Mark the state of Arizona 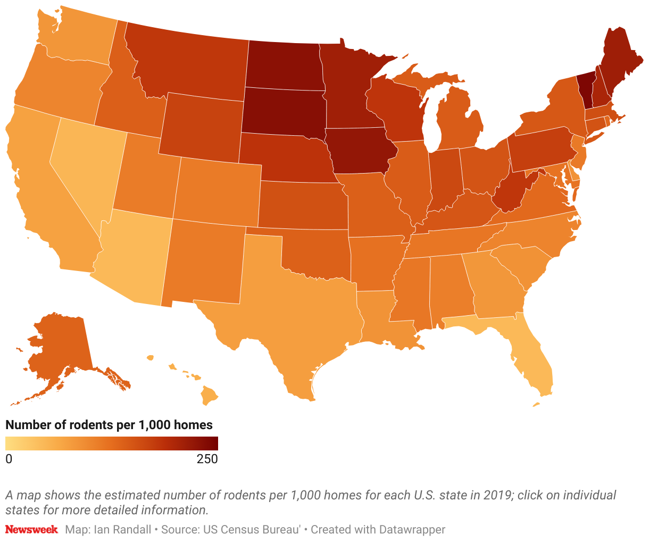click(x=136, y=256)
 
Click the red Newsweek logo click(x=31, y=530)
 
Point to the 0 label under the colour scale click(x=9, y=459)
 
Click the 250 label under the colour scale click(x=207, y=459)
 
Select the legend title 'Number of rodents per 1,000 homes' click(x=109, y=425)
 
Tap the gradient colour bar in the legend click(x=112, y=444)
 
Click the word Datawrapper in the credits click(x=412, y=530)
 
